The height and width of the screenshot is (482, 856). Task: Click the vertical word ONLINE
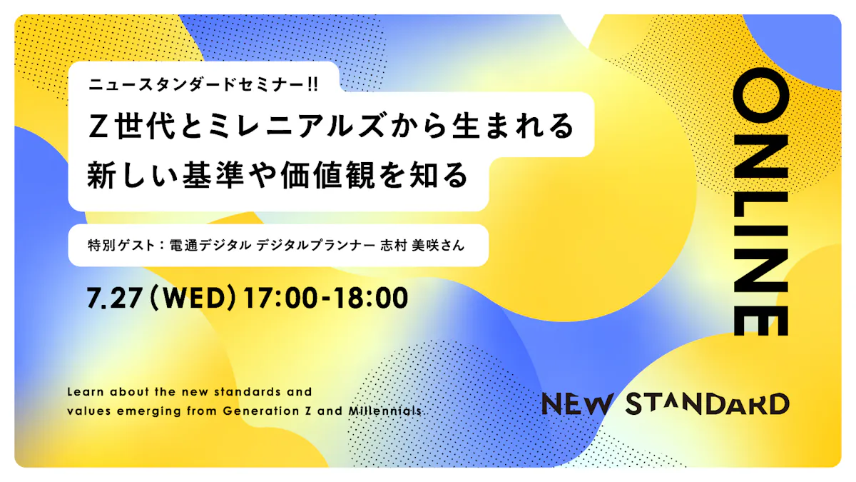coord(760,201)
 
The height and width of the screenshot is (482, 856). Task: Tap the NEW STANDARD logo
coord(666,404)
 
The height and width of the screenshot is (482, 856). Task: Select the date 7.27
coord(115,298)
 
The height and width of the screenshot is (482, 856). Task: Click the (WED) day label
coord(193,298)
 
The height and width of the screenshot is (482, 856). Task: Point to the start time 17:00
coord(281,298)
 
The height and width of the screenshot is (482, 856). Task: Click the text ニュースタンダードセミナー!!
coord(203,84)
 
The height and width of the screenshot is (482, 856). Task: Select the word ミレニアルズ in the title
coord(297,126)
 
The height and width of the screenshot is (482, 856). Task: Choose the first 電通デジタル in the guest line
coord(210,245)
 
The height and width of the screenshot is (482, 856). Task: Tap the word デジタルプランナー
coord(315,245)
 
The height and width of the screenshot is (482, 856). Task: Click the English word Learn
coord(86,392)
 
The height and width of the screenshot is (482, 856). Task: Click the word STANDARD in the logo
coord(708,404)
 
